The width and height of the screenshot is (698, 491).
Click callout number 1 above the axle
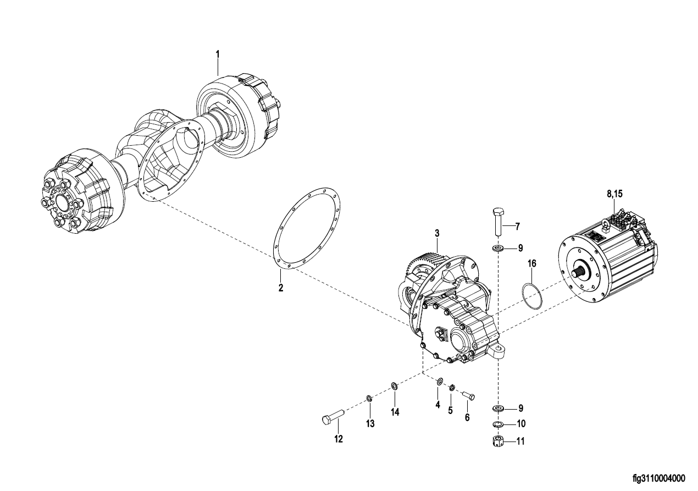click(x=218, y=54)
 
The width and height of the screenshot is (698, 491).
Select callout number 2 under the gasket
click(x=281, y=288)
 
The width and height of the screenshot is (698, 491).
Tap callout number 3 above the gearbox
click(x=437, y=233)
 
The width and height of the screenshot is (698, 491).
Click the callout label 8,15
click(x=614, y=194)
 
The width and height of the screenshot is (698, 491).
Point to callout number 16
click(x=532, y=263)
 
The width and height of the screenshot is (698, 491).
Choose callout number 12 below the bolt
click(x=339, y=439)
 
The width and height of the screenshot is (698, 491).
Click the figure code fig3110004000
click(x=659, y=478)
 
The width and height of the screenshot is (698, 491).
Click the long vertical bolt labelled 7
click(x=497, y=222)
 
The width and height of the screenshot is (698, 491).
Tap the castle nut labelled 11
click(x=498, y=441)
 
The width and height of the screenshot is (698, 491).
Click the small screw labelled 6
click(x=468, y=395)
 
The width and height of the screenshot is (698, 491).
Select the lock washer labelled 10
click(x=498, y=424)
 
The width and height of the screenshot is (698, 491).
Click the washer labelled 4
click(x=440, y=381)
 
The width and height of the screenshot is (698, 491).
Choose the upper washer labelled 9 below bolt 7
click(x=498, y=249)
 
